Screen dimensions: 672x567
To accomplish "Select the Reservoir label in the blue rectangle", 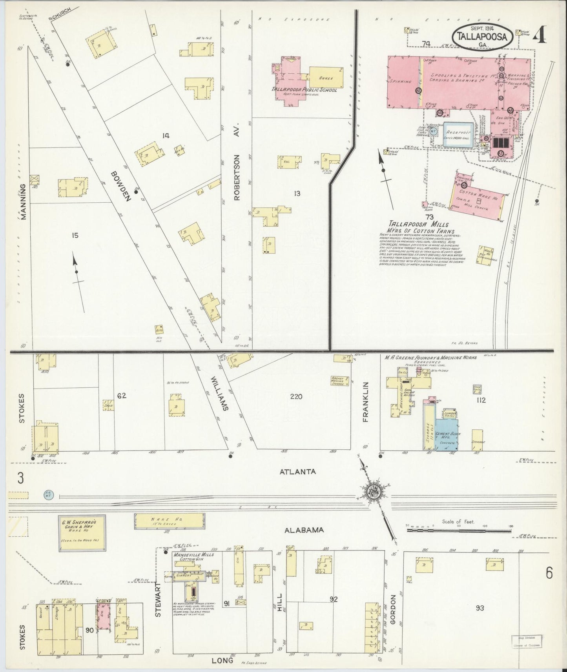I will pos(458,132).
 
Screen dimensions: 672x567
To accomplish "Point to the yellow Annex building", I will pos(326,78).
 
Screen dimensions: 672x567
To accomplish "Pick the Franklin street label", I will pos(366,401).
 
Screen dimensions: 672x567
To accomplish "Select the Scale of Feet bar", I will pos(459,530).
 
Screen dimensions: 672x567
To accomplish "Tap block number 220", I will pos(296,396).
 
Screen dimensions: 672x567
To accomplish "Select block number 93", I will pos(479,608).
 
